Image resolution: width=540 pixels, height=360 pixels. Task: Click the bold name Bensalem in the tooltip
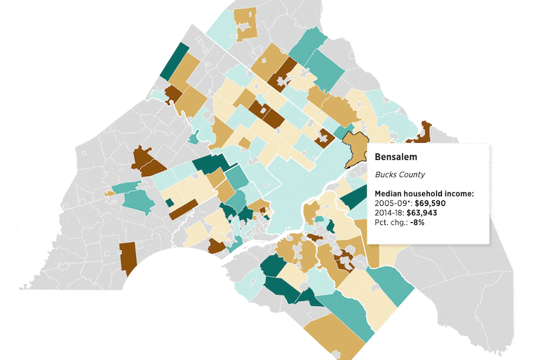pos(395,157)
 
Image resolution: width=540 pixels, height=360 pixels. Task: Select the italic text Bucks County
pos(399,175)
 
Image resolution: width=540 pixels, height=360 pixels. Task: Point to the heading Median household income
pos(424,193)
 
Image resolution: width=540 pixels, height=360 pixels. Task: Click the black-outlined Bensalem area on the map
pos(355,149)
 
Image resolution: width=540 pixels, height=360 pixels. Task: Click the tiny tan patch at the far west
pos(109,192)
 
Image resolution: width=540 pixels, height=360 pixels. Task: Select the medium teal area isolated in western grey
pos(138,199)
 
